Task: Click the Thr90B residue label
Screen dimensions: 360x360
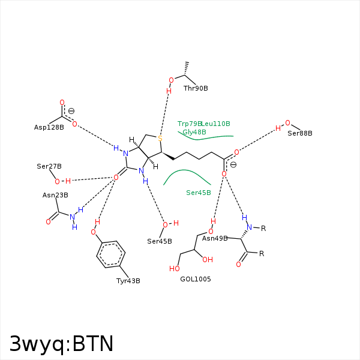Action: pos(196,88)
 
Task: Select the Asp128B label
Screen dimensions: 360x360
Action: pos(49,127)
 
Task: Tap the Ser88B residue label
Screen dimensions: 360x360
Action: pos(300,133)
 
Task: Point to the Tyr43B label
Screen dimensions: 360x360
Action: pos(128,281)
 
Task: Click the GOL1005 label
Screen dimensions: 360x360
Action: pos(196,279)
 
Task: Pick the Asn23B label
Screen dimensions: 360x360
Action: pos(55,195)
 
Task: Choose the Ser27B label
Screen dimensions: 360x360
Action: pos(49,166)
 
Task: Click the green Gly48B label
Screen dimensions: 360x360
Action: pos(194,132)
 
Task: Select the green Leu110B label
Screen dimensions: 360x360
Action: pos(215,124)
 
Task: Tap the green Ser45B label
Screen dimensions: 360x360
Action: pos(199,193)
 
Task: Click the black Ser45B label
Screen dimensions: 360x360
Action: pos(160,241)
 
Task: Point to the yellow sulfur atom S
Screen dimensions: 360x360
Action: pos(160,139)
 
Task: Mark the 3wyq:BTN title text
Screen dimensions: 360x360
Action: pos(62,344)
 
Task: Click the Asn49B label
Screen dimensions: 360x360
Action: pos(215,238)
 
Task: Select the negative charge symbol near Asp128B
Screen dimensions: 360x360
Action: pos(71,111)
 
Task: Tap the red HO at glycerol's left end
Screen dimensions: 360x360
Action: pos(174,269)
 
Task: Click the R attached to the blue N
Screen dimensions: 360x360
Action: pos(263,229)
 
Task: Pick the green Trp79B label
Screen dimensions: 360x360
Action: pos(190,124)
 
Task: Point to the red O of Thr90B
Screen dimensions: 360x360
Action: pos(171,80)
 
